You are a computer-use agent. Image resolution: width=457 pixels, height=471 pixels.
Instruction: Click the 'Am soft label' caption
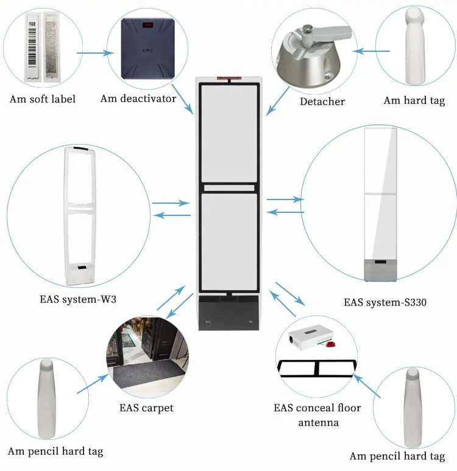[43, 99]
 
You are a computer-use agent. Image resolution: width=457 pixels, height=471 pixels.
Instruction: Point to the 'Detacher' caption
[322, 101]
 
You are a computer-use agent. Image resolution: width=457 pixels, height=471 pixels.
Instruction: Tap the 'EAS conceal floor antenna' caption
[317, 415]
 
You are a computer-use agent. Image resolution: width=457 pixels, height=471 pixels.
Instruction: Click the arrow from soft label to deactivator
[96, 53]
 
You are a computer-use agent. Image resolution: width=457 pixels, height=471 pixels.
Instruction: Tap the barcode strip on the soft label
[30, 48]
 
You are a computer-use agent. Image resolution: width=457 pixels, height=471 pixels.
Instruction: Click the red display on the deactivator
[147, 26]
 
